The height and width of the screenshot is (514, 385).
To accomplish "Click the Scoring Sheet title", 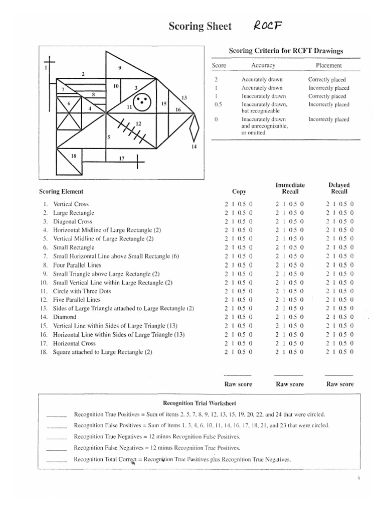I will pos(200,26).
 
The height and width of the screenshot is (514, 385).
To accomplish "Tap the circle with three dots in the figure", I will pos(142,101).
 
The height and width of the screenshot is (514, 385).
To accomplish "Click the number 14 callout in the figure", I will pos(194,147).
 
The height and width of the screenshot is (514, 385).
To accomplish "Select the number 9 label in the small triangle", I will pos(120,68).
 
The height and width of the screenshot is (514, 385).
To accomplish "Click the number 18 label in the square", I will pos(74,156).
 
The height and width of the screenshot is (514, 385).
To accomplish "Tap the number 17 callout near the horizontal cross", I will pos(121,159).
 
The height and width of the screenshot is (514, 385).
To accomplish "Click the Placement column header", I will pos(328,65).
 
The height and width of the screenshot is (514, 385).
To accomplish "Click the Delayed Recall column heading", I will pos(339,188).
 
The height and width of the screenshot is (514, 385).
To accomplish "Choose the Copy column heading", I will pos(239,191).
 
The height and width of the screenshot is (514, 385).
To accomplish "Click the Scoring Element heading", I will pos(61,191).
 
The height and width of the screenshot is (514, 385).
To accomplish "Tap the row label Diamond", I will pos(65,317).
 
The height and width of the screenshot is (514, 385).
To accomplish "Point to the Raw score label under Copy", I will pos(239,384).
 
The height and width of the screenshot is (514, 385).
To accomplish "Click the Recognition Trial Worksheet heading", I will pos(200,403).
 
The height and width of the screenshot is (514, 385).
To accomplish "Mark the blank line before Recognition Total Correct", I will pos(56,460).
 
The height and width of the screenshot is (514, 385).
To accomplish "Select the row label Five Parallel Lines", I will pos(76,300).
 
